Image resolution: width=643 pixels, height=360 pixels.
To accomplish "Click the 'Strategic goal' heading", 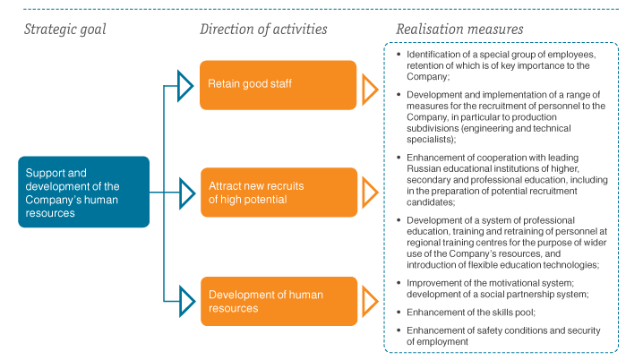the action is [64, 30].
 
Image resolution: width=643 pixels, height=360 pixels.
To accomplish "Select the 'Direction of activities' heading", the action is [263, 30].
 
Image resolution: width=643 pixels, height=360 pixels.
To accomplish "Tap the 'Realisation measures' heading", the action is [459, 30].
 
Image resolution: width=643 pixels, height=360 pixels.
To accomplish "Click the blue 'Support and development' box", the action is [83, 192].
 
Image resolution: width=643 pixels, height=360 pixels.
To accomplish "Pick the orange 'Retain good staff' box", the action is [278, 85].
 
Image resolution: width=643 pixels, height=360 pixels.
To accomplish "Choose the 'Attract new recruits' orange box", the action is [279, 193].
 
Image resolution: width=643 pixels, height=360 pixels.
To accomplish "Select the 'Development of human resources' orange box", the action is [279, 302].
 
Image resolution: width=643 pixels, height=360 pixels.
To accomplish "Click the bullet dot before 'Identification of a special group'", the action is [399, 54].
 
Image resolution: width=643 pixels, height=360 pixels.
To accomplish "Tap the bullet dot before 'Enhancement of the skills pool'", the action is [399, 313].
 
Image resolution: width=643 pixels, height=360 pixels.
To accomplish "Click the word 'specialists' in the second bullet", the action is [429, 140].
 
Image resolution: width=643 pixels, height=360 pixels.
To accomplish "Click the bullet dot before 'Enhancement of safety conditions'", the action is [399, 330].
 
